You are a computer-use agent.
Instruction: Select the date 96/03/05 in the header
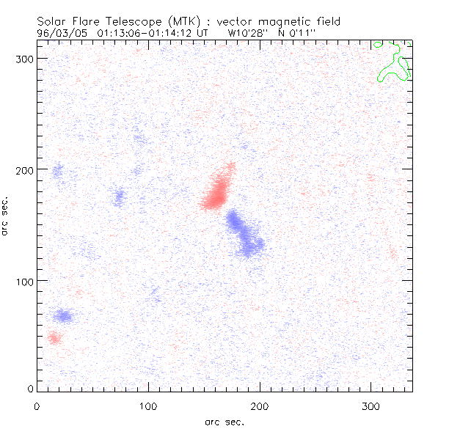62,33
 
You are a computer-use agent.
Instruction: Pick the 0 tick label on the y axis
30,389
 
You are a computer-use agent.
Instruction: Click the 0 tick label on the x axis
37,406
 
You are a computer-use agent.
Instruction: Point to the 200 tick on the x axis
260,406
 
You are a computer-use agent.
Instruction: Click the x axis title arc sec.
224,422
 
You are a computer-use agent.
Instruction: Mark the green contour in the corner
393,63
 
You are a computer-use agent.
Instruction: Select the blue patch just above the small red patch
63,316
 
